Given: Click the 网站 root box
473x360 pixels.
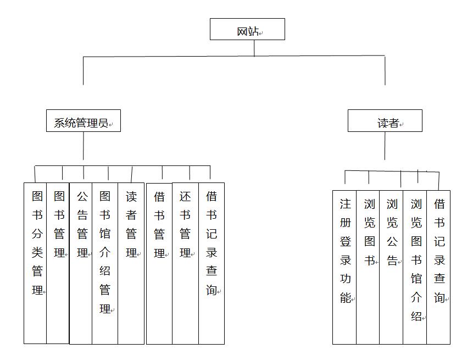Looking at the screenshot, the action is [x=247, y=29].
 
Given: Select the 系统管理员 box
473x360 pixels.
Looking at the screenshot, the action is [x=84, y=121].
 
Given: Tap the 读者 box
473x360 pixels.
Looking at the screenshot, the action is [x=385, y=121].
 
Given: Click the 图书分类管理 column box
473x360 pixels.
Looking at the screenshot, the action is [x=35, y=263].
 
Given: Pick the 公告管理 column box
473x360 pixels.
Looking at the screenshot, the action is [x=81, y=263].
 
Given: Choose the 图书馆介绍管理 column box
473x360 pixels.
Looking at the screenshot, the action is [x=105, y=263].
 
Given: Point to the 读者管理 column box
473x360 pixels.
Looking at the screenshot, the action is [x=131, y=263].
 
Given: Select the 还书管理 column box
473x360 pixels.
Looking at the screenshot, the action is [x=185, y=263].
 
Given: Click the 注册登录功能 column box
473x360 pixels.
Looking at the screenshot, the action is [x=344, y=267].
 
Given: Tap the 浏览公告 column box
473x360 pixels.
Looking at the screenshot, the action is [x=391, y=267].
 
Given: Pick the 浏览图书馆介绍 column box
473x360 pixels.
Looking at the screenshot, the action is [x=415, y=267].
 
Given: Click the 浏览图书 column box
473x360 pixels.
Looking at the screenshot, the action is [x=368, y=267].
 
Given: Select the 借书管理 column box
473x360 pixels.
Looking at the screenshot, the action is [x=159, y=263].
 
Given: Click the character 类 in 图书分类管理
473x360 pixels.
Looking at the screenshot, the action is [x=37, y=252].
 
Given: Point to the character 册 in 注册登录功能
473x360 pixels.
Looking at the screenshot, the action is [x=346, y=223].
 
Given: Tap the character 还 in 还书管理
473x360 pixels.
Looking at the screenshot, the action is [x=185, y=196].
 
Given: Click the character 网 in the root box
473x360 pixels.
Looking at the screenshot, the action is [x=242, y=31].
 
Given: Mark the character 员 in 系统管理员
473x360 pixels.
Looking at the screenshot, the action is [x=103, y=123].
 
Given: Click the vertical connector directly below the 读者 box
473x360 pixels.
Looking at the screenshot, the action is [x=385, y=146].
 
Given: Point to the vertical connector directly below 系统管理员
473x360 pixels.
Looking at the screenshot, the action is [x=84, y=146].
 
